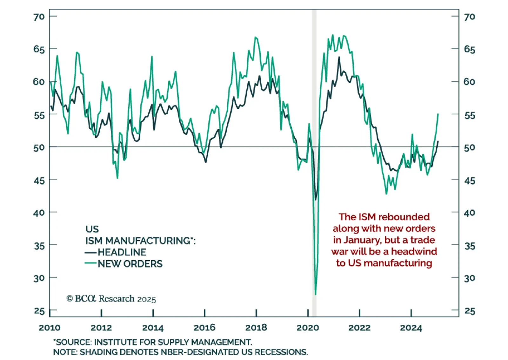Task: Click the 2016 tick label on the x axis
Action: [204, 328]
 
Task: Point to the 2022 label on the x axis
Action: [359, 328]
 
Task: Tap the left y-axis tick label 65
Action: [39, 49]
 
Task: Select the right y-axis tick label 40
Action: [469, 213]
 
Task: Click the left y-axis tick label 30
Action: [39, 278]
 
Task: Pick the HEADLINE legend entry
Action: [122, 252]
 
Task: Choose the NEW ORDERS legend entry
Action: [130, 264]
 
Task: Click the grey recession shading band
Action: [314, 95]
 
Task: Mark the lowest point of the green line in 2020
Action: [315, 295]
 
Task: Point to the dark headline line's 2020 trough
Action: [315, 200]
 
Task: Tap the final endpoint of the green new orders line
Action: [438, 114]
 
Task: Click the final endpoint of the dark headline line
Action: [438, 141]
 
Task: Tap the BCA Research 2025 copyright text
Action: [111, 299]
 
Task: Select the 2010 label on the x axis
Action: [50, 328]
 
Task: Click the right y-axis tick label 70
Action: [469, 17]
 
